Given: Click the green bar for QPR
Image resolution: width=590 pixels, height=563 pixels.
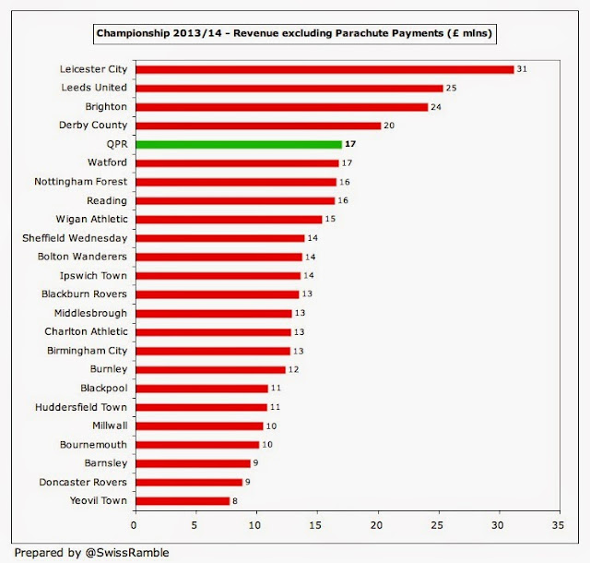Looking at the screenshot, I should coord(238,144).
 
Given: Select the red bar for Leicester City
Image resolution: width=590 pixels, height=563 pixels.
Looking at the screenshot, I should coord(324,69).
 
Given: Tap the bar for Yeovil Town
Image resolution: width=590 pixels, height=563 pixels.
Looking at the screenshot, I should coord(182,501).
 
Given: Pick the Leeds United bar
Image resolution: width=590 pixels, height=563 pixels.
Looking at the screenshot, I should coord(289,88).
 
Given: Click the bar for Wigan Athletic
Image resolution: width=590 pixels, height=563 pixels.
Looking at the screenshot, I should coord(228,219).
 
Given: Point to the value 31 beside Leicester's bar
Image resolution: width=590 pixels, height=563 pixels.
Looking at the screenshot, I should coord(522,69).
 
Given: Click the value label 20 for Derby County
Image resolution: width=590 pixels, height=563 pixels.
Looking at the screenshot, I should coord(388,126).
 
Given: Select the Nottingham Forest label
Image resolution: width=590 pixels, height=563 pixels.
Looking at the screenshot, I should coord(81,182).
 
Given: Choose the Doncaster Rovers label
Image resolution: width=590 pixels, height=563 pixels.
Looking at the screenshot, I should coord(83,482).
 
